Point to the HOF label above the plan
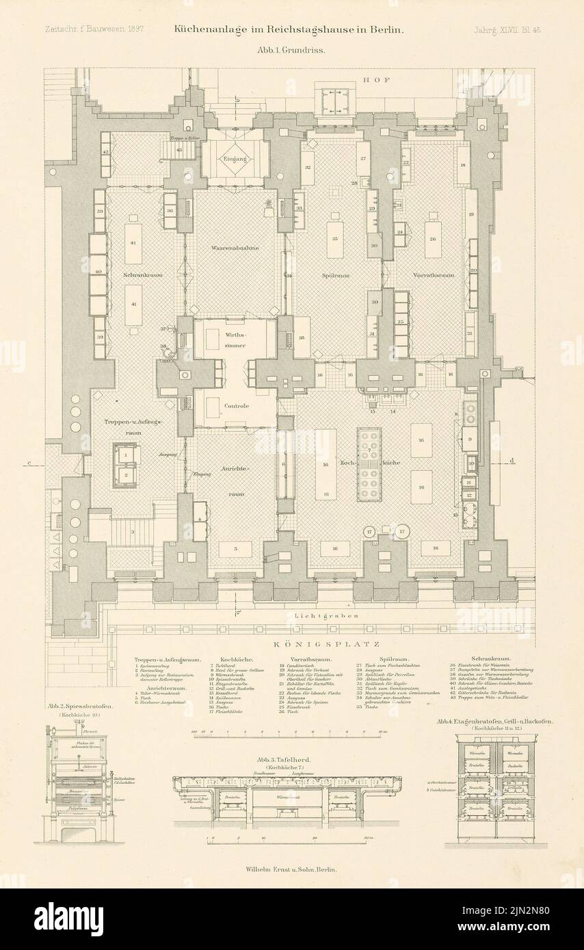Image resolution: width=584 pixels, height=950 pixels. pos(376,80)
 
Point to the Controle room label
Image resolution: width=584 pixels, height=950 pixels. pos(236,406)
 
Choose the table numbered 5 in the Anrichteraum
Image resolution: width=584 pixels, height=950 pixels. pos(235,548)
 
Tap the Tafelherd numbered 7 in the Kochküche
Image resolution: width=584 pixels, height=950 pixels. pos(369,465)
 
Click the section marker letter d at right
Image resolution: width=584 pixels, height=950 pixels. pos(512,461)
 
